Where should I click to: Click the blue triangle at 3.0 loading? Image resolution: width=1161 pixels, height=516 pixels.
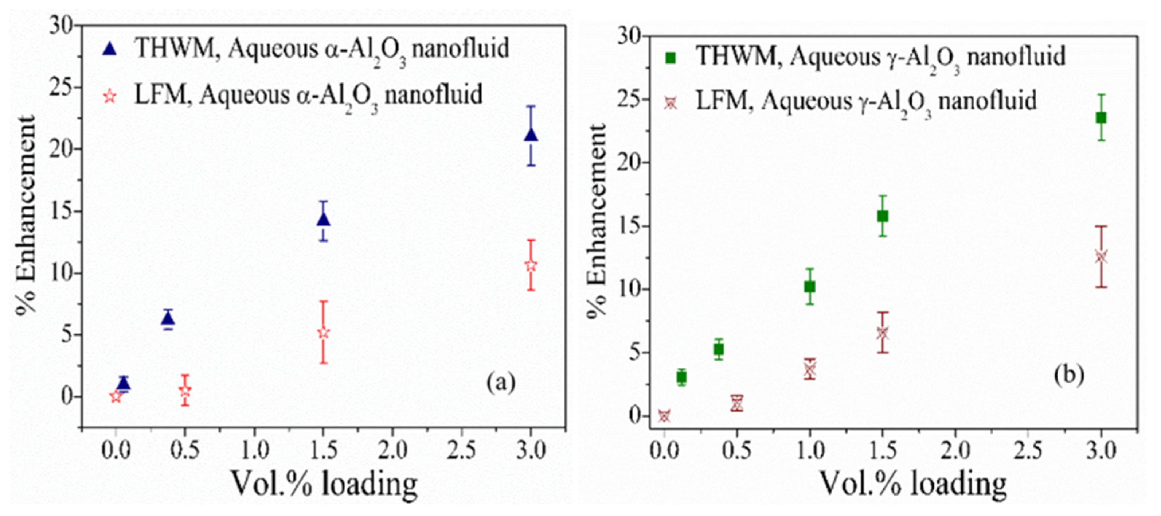(531, 135)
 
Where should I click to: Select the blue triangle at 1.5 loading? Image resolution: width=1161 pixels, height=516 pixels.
(323, 220)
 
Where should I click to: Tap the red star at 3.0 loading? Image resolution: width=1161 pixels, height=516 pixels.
(531, 265)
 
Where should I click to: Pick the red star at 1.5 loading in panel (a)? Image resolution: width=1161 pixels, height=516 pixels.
(323, 333)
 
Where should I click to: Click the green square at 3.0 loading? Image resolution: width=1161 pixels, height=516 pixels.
(1101, 118)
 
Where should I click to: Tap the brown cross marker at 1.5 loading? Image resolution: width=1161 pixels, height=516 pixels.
(883, 333)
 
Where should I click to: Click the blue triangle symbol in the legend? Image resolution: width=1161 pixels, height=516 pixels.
(110, 49)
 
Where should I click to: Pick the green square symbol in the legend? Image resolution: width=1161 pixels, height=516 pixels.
(671, 58)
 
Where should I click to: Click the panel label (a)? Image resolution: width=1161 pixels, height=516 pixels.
(500, 383)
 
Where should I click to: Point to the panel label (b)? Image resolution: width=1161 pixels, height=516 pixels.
(1068, 375)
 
